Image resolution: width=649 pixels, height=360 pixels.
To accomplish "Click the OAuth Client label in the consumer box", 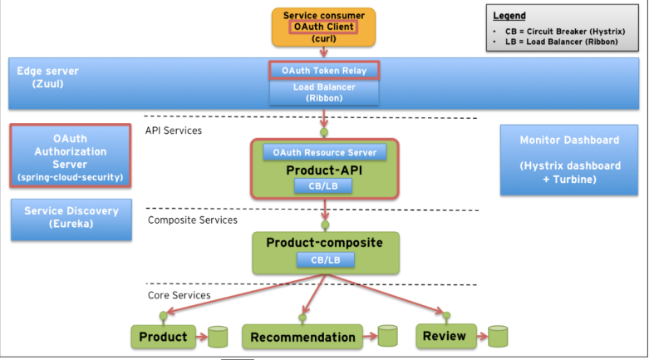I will [324, 27].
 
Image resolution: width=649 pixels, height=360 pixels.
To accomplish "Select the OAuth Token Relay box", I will [323, 70].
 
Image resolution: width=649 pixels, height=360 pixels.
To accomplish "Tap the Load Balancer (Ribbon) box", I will [323, 92].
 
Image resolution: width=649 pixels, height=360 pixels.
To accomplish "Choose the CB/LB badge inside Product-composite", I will [326, 259].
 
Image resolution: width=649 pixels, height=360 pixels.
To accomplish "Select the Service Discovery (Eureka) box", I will [71, 218].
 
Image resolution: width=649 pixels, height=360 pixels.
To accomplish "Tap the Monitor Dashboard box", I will [569, 160].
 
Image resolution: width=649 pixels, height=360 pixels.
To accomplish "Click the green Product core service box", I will [163, 336].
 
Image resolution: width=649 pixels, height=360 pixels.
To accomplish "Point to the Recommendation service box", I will [302, 337].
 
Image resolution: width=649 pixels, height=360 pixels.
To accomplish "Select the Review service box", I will [444, 336].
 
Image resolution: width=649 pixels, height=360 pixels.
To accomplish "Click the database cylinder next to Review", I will [497, 336].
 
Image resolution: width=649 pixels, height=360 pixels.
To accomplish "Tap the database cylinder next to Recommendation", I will [387, 336].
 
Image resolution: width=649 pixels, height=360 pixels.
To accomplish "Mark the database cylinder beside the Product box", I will [218, 336].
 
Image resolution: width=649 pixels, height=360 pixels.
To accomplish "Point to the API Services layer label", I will [173, 131].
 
